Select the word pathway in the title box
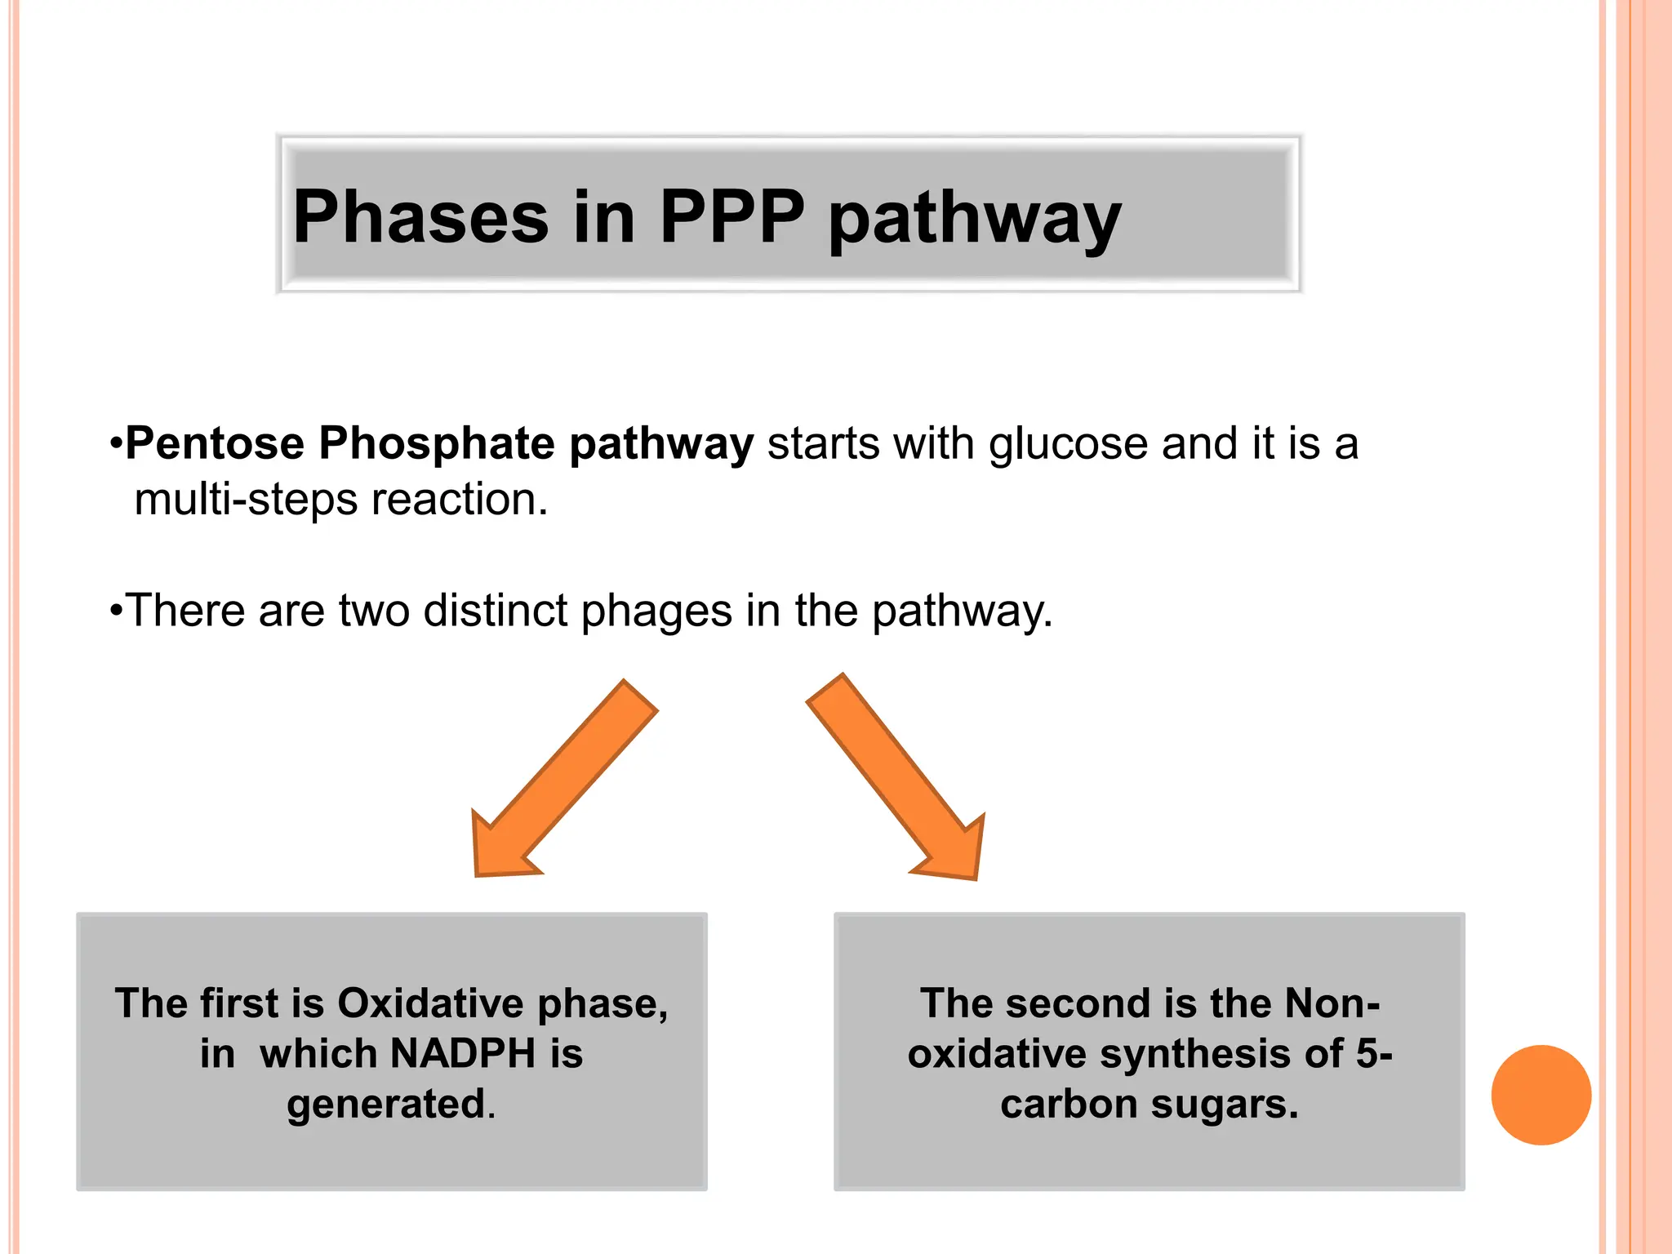point(975,219)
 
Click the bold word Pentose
point(215,444)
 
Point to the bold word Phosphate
point(437,444)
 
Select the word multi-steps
point(246,500)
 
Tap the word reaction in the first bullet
point(459,500)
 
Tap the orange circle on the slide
point(1541,1095)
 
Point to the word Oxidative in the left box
point(430,1003)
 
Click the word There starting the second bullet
point(185,611)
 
